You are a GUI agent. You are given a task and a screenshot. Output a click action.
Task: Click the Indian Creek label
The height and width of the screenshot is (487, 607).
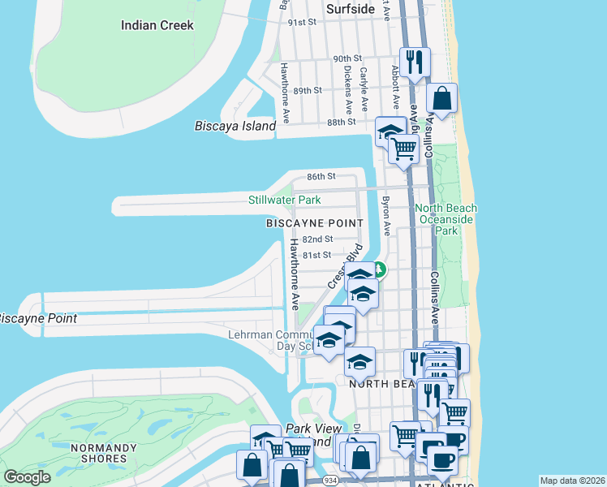coord(157,25)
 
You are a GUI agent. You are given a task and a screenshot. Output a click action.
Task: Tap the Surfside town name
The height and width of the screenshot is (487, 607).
coord(350,9)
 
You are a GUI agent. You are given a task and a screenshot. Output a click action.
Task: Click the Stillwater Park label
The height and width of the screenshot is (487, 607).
coord(284,200)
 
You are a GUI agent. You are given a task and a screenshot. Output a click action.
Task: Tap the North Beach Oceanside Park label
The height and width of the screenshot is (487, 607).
coord(446,219)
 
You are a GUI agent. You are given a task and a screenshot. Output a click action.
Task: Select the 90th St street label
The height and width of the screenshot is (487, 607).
coord(347,59)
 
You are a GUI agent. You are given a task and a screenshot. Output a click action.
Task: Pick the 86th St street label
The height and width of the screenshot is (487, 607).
coord(321,176)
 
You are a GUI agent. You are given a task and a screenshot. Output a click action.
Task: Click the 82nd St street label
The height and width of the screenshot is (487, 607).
coord(317,239)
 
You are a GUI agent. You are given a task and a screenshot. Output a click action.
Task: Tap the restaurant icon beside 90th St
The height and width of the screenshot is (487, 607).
coord(415,62)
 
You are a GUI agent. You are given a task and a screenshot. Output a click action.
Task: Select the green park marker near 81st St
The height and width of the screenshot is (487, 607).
coord(380,270)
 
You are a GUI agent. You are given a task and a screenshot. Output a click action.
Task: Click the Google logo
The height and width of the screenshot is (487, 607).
coord(28,477)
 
